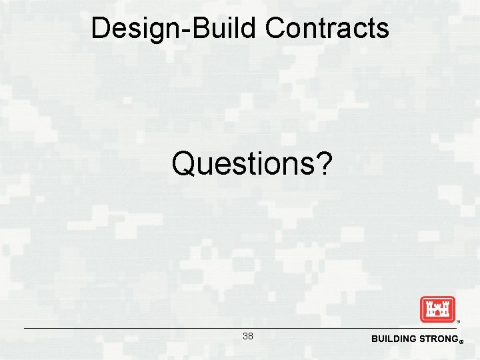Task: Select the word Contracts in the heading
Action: [327, 29]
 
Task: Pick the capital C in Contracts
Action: [275, 29]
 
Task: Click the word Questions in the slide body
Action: [240, 163]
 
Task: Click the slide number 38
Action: [248, 336]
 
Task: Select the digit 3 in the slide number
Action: [245, 336]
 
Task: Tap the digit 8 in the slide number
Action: [251, 336]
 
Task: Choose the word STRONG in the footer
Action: [437, 339]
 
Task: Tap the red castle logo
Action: [437, 309]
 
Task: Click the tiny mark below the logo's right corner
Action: [457, 323]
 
